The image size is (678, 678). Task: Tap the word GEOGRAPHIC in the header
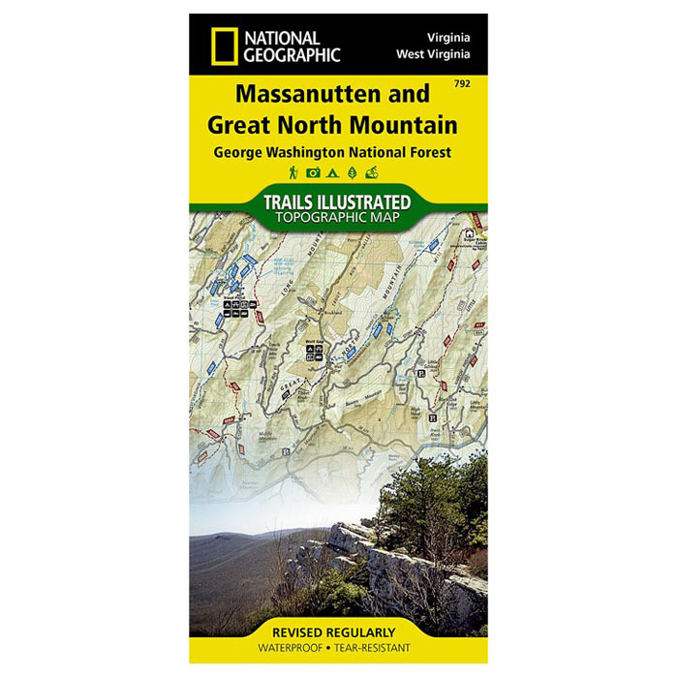pos(292,54)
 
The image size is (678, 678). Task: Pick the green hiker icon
pos(293,172)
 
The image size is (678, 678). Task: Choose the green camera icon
pos(313,172)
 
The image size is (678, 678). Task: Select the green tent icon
pos(332,172)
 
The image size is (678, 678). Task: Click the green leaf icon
pos(352,172)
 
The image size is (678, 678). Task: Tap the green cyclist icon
pos(372,172)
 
